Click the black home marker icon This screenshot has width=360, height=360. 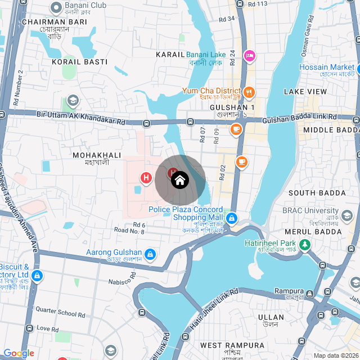click(x=180, y=180)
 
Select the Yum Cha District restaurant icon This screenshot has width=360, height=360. click(x=249, y=92)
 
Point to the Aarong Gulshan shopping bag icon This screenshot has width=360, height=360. click(x=150, y=254)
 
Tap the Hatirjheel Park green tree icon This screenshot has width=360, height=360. click(x=304, y=245)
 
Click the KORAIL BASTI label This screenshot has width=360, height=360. click(x=72, y=61)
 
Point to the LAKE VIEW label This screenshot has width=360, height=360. click(x=305, y=91)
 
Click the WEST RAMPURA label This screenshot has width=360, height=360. click(x=232, y=345)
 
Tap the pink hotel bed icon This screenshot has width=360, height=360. click(x=249, y=56)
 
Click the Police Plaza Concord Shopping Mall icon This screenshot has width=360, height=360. click(x=231, y=218)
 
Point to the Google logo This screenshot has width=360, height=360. click(x=19, y=353)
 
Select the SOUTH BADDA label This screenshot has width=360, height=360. click(x=317, y=193)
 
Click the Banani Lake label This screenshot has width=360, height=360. click(x=206, y=55)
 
